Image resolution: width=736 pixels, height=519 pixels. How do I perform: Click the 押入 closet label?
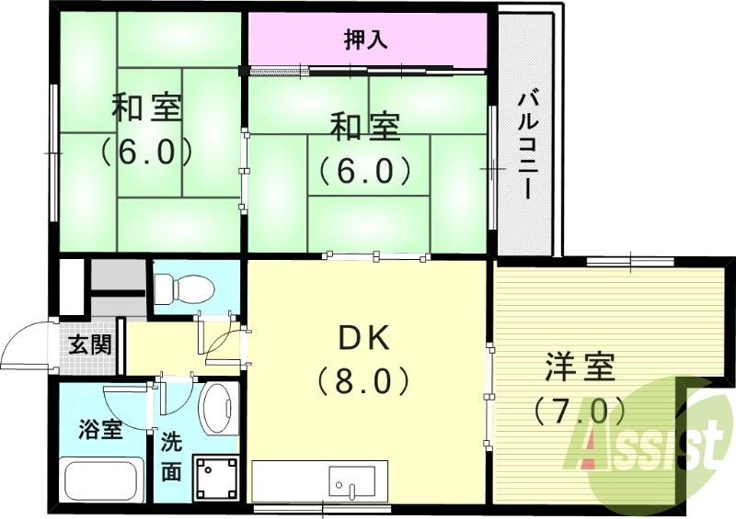(x=367, y=39)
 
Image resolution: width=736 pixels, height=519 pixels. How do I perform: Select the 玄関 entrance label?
(x=90, y=346)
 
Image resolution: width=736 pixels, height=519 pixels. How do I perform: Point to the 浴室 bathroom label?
(x=100, y=429)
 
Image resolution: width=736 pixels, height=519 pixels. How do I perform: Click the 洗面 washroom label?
(x=172, y=457)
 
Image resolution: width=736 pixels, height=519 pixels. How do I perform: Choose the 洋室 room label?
(x=579, y=368)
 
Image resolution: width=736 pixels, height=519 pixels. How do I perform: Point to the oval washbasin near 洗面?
(x=217, y=410)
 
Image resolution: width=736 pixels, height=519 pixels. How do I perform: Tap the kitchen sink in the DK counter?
(x=352, y=480)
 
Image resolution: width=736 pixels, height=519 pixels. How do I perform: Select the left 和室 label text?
(x=146, y=107)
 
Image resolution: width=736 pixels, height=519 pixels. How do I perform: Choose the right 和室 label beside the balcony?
(x=365, y=127)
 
